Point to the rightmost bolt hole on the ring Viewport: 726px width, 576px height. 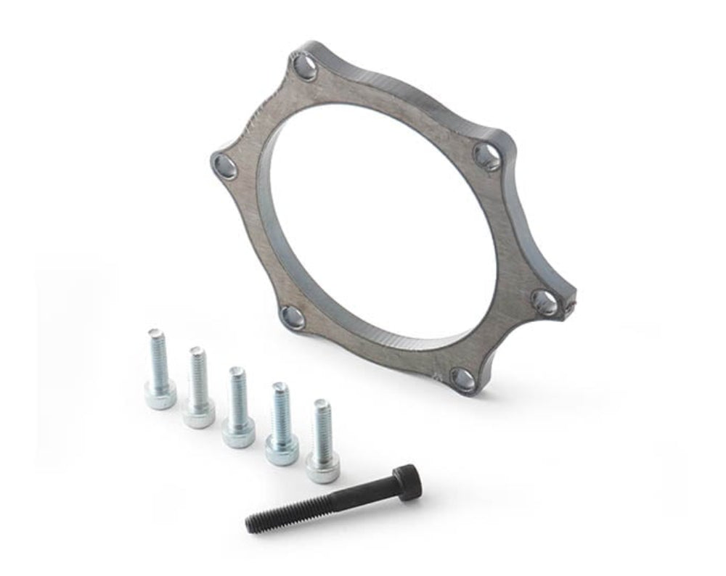(544, 303)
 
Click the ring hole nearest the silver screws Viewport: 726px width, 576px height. (293, 317)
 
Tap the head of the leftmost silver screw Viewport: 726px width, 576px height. (160, 395)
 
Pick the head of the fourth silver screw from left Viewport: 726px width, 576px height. (282, 451)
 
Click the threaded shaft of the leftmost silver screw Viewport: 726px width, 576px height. (158, 355)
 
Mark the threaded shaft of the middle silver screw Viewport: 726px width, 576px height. (237, 395)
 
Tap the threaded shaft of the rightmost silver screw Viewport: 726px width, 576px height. (322, 428)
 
